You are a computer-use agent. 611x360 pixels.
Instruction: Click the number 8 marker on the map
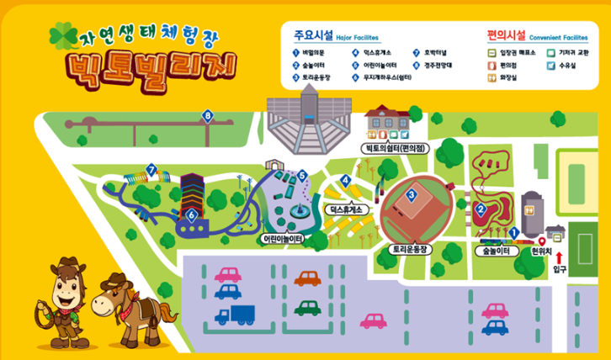pos(208,115)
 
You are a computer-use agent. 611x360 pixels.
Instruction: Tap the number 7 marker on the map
pos(151,170)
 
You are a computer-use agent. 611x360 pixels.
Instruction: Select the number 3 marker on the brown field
pos(411,194)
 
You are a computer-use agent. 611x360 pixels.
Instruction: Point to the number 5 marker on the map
pos(301,175)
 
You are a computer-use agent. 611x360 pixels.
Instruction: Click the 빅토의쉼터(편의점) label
pos(395,148)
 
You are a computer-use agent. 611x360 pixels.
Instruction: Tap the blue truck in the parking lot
pos(235,315)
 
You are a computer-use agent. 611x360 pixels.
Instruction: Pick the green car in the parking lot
pos(308,308)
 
